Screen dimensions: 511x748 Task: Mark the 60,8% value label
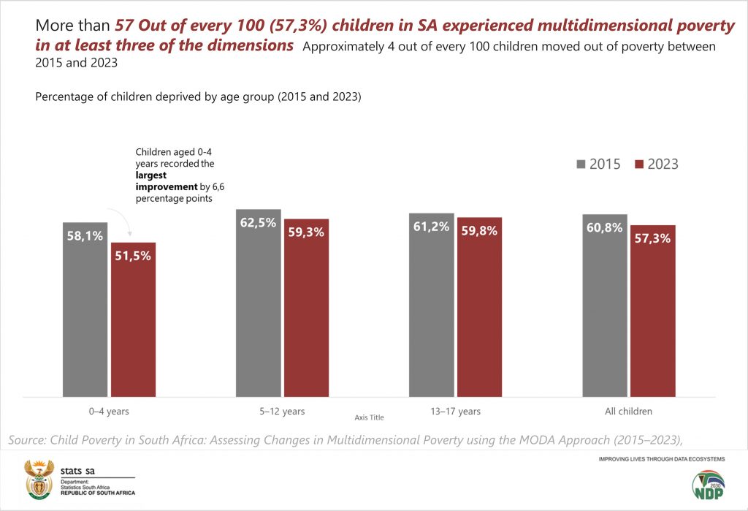(604, 227)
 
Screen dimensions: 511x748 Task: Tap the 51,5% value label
(133, 256)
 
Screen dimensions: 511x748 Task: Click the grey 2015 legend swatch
(580, 164)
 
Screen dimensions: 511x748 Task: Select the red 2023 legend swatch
(638, 164)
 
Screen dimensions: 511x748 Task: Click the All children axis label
(628, 412)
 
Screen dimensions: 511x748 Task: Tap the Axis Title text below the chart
(369, 417)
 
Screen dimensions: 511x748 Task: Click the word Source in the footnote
(28, 440)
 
